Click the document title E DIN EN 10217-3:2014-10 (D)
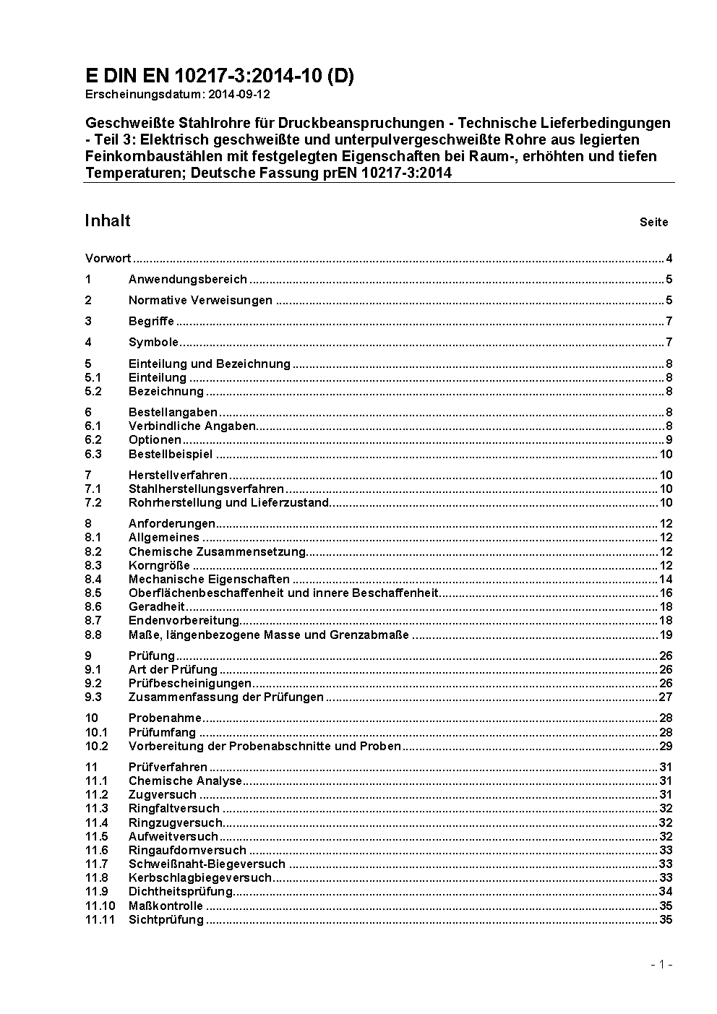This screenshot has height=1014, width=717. (219, 76)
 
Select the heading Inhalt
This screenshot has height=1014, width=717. (108, 220)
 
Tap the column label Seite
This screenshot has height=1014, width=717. (653, 223)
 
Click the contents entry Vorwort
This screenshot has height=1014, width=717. (108, 259)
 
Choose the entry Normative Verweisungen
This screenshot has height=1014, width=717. (200, 301)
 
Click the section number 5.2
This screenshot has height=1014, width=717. (93, 392)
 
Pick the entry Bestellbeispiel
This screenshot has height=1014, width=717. (171, 455)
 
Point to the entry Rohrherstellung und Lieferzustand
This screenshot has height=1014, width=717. (229, 503)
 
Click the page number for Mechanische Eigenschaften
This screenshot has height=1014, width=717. (666, 580)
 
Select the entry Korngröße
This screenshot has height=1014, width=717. (159, 566)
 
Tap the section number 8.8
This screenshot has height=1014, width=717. (93, 635)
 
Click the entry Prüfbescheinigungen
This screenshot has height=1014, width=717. (190, 684)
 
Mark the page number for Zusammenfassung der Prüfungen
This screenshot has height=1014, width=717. (666, 697)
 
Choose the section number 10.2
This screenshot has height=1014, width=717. (96, 747)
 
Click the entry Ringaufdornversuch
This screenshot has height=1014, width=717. (187, 851)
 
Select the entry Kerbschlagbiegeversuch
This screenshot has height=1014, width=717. (200, 878)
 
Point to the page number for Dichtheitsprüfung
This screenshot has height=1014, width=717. (666, 892)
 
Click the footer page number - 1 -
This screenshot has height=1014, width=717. (662, 965)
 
